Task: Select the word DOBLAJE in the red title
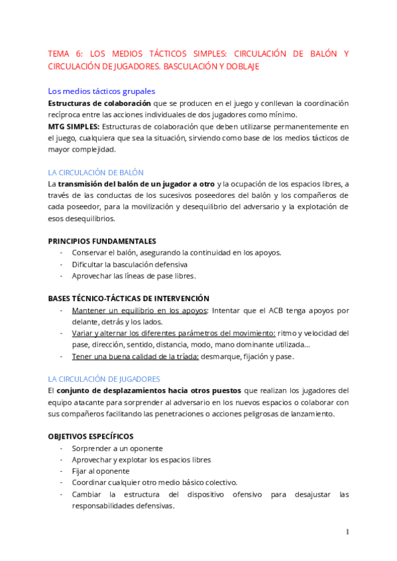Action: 241,66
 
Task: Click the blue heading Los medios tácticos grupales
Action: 101,91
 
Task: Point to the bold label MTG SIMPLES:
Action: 74,126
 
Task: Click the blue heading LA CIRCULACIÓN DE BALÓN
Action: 95,172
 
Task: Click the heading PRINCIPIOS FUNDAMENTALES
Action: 102,241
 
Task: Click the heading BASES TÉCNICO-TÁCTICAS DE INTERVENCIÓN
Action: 129,298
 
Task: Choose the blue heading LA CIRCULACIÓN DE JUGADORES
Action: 104,379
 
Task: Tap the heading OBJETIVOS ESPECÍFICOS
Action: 91,436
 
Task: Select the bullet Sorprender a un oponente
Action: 117,448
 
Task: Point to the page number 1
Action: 347,532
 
